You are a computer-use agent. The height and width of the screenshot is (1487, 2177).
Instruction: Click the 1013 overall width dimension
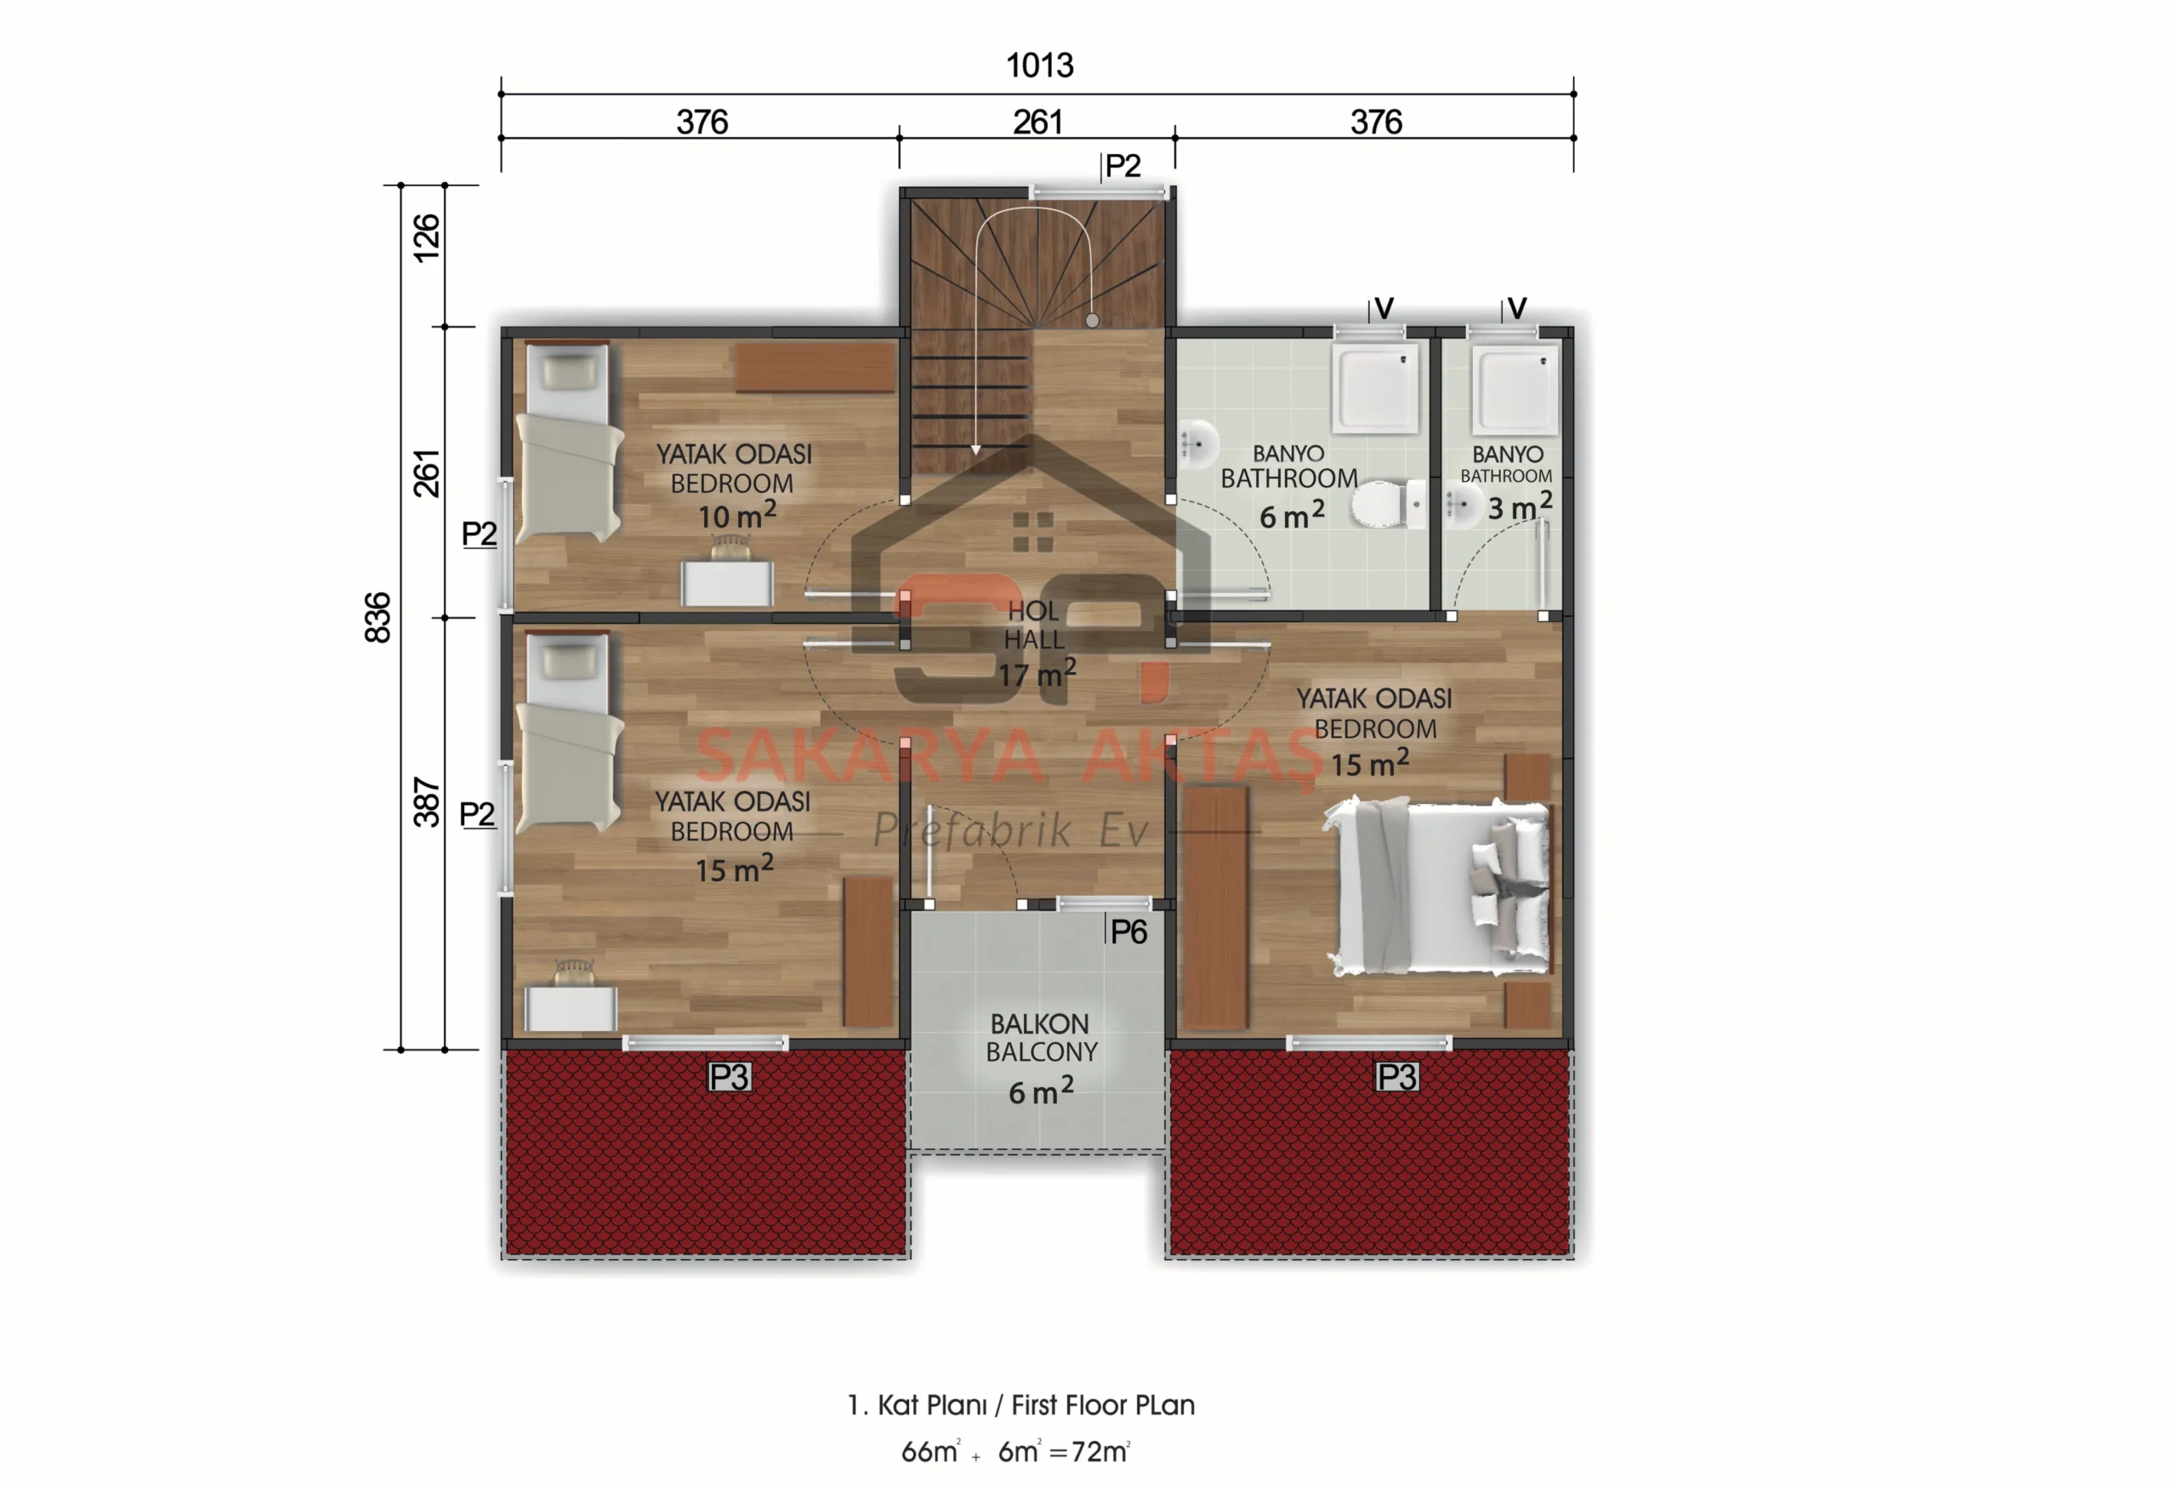[x=1039, y=66]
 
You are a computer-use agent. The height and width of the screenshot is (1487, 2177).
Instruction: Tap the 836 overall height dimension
[x=378, y=618]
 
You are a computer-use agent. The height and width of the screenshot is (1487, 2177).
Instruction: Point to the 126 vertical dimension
[x=426, y=238]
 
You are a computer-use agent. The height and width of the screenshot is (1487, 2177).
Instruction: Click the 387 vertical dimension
[x=426, y=802]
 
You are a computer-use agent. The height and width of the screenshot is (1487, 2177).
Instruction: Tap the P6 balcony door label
[x=1128, y=932]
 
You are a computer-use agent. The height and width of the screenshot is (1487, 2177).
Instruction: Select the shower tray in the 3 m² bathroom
[x=1514, y=389]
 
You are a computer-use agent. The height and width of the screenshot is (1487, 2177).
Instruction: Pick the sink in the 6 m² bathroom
[x=1198, y=444]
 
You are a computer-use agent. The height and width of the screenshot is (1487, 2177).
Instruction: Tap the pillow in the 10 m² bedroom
[x=569, y=372]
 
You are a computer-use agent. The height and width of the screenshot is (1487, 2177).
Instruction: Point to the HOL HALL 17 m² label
[x=1036, y=643]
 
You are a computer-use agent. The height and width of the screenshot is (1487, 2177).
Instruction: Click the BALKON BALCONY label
[x=1041, y=1038]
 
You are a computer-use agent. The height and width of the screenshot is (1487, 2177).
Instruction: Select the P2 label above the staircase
[x=1123, y=166]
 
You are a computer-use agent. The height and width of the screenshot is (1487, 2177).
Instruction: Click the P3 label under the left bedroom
[x=729, y=1078]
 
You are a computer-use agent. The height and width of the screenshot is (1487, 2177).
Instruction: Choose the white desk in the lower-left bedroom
[x=571, y=1008]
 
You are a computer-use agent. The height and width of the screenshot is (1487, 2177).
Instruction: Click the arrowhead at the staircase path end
[x=976, y=450]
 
